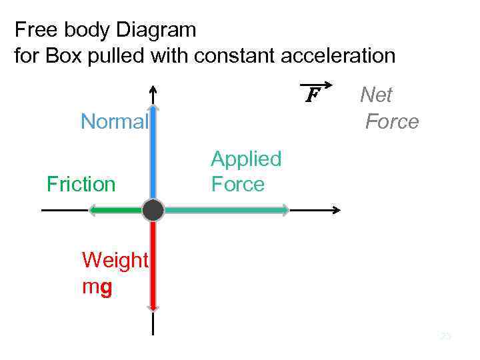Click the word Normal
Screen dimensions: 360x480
coord(114,122)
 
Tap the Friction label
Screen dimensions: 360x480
coord(81,184)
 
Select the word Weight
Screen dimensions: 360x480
coord(115,260)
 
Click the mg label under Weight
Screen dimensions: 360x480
coord(97,287)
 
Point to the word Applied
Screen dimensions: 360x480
coord(246,159)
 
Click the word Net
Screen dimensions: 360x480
coord(376,95)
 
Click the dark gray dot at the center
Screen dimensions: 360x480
coord(153,210)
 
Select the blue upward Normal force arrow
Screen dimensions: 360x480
coord(153,153)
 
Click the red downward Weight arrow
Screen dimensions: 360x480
coord(153,267)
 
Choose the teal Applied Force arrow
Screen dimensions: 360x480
coord(227,210)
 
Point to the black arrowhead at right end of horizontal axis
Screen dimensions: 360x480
coord(337,210)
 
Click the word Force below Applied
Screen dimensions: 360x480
coord(238,183)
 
